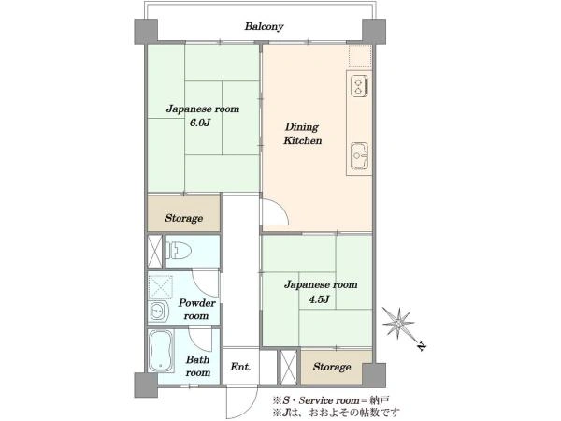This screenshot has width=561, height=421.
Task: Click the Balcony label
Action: click(264, 27)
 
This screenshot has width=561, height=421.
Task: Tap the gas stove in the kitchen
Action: click(359, 86)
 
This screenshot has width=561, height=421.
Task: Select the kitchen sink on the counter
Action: click(359, 155)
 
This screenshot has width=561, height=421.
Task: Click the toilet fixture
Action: click(178, 250)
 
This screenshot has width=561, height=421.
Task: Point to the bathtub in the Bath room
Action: click(161, 351)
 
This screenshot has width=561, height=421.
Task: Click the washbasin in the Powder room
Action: click(158, 311)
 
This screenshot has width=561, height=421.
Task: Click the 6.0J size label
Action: click(200, 123)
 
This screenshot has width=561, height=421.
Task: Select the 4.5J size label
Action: click(319, 299)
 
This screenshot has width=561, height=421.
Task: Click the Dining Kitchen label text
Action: click(302, 134)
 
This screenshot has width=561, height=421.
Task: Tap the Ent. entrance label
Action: click(240, 367)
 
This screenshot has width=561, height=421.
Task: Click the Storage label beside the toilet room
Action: click(184, 218)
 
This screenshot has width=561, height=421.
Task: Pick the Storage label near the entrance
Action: click(332, 367)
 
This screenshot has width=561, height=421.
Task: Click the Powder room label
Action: click(196, 310)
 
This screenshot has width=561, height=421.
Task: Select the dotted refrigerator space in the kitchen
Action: click(360, 56)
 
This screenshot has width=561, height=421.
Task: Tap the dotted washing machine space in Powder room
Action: click(161, 287)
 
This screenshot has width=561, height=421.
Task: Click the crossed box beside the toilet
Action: click(155, 252)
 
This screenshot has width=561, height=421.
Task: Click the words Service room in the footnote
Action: click(328, 399)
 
